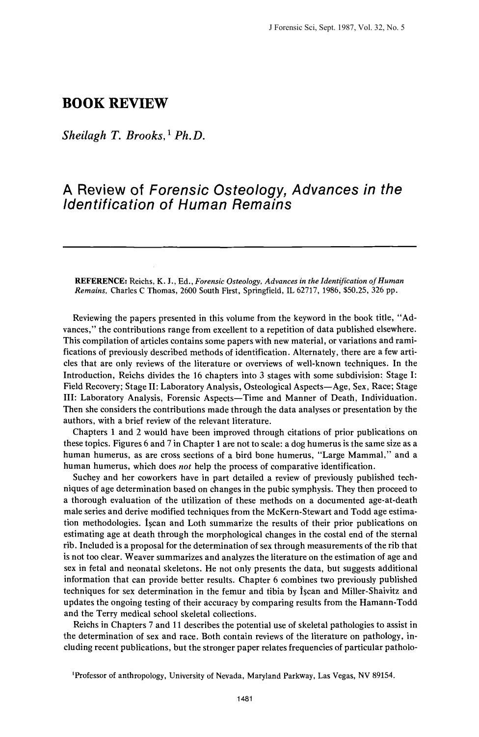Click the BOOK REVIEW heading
pyautogui.click(x=115, y=104)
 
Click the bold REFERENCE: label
pyautogui.click(x=100, y=281)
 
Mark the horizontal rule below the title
pyautogui.click(x=239, y=246)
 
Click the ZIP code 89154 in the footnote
pyautogui.click(x=383, y=676)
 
